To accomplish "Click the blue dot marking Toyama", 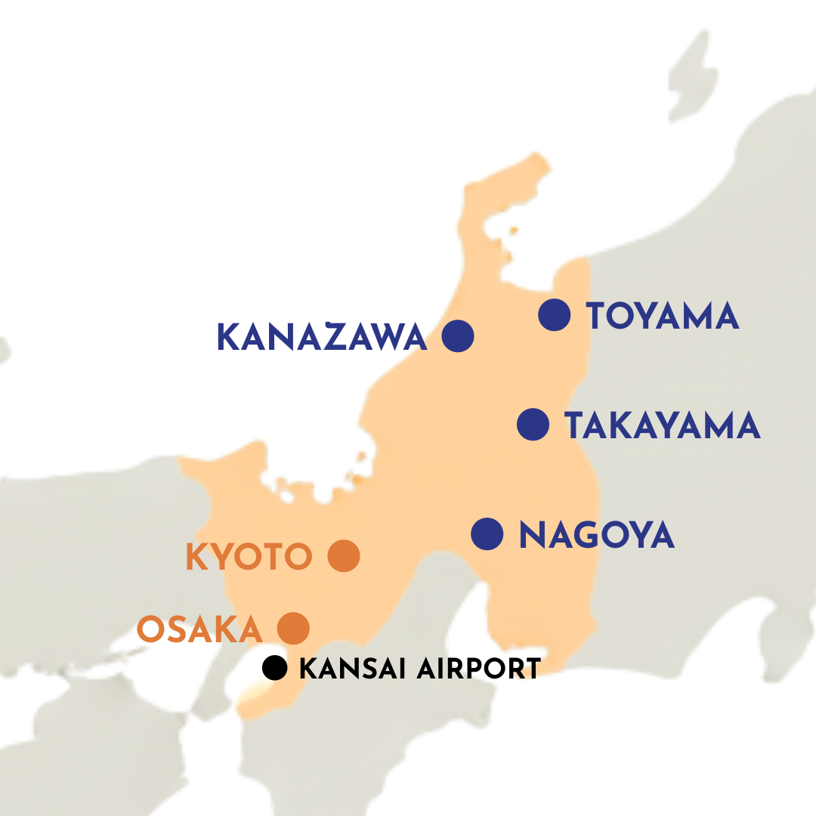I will pos(555,314).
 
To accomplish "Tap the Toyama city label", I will pos(662,316).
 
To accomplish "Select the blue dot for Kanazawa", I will pos(458,336).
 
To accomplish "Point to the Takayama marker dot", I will pos(533,425).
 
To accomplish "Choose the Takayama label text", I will pos(662,426).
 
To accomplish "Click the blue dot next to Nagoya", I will pos(487,534).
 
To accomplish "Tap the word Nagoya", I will pos(596,536).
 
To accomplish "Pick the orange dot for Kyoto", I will pos(344,557).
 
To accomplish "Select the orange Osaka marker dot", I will pos(294,628).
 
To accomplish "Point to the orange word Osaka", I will pos(199,629).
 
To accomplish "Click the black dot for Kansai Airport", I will pos(275,668).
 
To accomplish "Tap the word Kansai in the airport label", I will pos(351,669).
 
